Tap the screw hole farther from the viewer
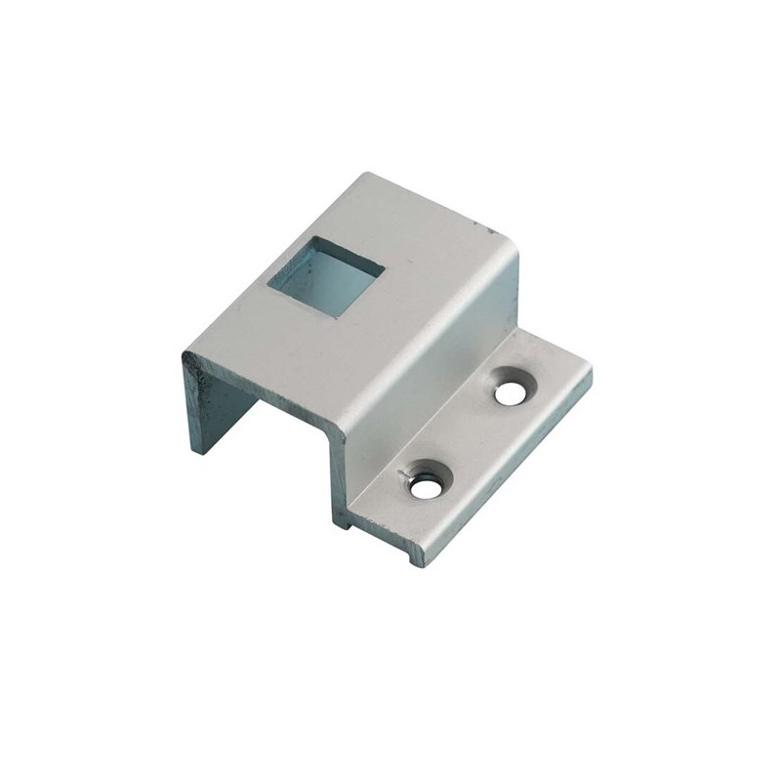510,391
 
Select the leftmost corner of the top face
183,354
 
